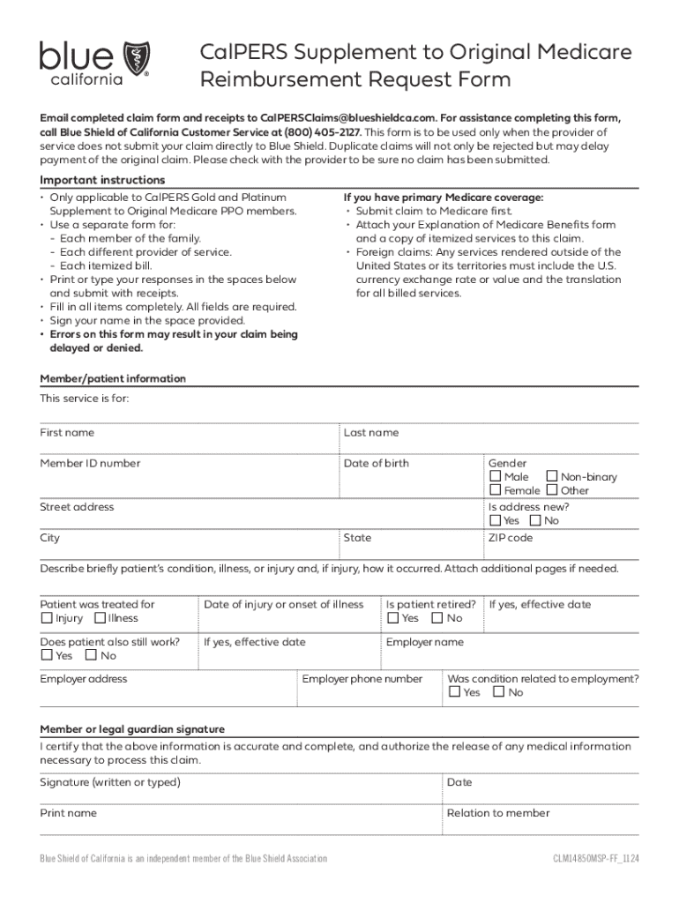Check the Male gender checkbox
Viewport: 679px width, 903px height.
tap(496, 477)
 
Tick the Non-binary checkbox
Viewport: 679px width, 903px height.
tap(553, 477)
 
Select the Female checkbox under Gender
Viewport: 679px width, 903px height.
tap(496, 490)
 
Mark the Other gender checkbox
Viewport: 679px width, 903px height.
tap(553, 490)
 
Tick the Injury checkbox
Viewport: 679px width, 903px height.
tap(47, 618)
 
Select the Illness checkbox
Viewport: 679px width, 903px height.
tap(100, 618)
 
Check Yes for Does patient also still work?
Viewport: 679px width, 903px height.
tap(47, 655)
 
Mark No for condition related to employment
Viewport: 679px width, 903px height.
tap(499, 692)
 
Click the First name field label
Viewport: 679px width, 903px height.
tap(67, 433)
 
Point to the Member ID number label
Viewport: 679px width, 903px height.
tap(90, 464)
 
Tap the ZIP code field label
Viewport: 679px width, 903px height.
tap(511, 538)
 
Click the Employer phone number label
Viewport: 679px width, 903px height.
tap(362, 679)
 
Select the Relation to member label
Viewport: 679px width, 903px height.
tap(498, 813)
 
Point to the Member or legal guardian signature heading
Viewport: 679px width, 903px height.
tap(132, 729)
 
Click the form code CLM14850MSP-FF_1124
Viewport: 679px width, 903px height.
tap(596, 858)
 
